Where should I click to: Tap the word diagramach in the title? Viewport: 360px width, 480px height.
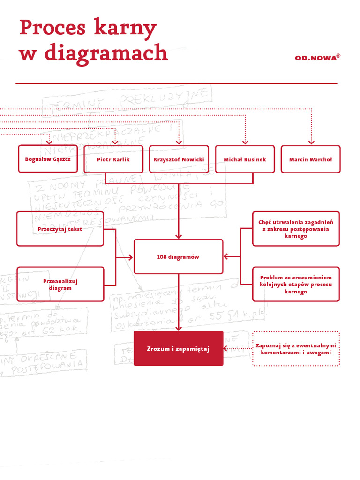point(106,52)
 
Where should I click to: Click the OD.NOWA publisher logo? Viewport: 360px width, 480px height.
point(315,58)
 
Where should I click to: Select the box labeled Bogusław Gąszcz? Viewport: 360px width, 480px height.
point(48,159)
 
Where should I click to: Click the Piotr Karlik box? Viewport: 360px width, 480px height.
point(113,159)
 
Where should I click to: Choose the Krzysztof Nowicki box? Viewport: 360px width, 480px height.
point(179,159)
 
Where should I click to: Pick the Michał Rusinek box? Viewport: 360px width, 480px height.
point(245,159)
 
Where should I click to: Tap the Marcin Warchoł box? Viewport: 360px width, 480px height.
point(310,159)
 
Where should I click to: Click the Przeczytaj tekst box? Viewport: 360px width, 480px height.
point(60,229)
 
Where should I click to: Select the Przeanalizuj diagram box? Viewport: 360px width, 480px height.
point(60,284)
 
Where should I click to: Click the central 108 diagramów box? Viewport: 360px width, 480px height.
point(178,257)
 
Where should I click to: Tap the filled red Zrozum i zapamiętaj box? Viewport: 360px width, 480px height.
point(178,348)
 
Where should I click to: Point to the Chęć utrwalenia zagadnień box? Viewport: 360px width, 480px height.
point(296,229)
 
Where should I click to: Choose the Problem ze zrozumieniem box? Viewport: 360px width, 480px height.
point(296,284)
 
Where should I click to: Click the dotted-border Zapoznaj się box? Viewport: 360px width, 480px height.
point(296,348)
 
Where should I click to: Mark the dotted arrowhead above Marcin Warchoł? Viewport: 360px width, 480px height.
point(311,142)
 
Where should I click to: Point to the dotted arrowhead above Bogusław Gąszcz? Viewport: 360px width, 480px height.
point(49,142)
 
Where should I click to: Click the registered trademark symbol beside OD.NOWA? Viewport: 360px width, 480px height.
point(338,55)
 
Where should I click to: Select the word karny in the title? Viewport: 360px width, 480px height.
point(125,29)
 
